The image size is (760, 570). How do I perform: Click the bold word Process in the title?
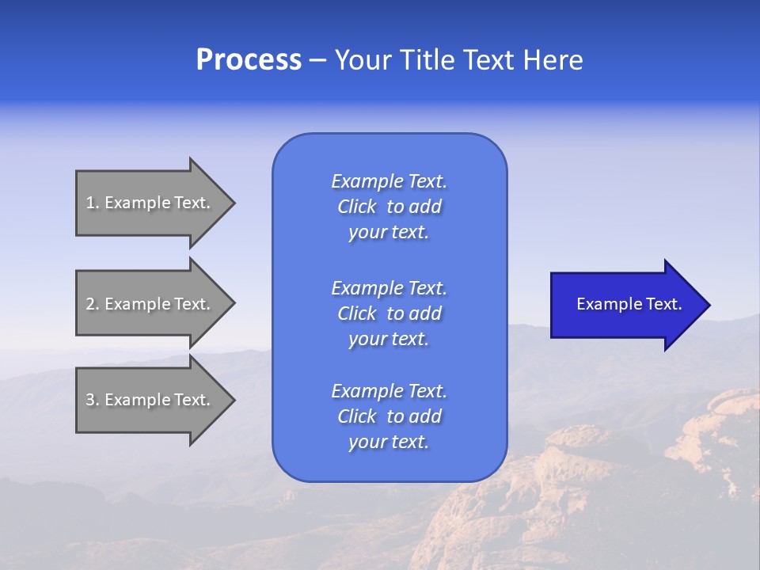[249, 60]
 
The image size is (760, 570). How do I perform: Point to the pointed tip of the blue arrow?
[708, 305]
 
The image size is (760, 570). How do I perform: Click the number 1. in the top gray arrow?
[93, 203]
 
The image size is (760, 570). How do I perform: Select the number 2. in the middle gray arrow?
[93, 304]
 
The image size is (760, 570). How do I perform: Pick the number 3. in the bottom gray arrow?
[93, 400]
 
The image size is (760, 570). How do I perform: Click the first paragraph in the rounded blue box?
[389, 207]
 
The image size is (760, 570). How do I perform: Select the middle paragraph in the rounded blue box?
[389, 313]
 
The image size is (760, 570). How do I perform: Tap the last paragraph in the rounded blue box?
[389, 416]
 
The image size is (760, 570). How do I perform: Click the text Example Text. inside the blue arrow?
[629, 304]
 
